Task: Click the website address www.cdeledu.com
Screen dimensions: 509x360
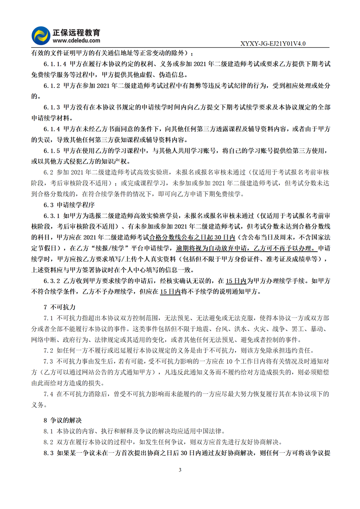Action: point(76,40)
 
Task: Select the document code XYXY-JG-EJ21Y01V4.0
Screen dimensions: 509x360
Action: point(273,44)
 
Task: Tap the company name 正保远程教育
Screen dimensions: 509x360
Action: point(76,32)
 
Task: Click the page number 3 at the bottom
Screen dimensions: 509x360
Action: point(180,470)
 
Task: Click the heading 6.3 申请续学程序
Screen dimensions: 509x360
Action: point(69,205)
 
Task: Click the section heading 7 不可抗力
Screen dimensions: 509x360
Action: point(59,307)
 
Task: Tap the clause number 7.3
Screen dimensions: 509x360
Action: point(48,361)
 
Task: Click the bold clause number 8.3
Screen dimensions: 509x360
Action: point(48,453)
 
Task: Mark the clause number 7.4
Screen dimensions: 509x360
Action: point(48,394)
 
